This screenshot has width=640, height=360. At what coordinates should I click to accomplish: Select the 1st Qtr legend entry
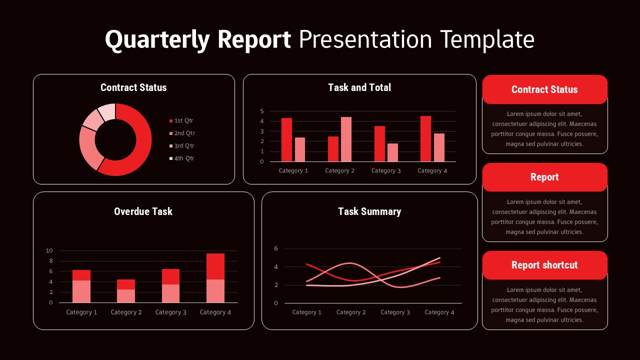[183, 120]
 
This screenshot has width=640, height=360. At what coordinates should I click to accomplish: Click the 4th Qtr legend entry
[183, 158]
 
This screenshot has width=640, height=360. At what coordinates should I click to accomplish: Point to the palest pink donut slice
[107, 111]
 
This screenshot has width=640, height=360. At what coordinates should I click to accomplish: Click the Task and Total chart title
[359, 87]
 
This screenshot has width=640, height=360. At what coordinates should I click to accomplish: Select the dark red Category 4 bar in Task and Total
[425, 138]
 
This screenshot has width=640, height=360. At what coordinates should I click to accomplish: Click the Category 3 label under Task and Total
[385, 171]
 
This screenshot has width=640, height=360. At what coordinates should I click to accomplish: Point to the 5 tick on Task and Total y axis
[261, 111]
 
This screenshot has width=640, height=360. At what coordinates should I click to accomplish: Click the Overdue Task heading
[143, 211]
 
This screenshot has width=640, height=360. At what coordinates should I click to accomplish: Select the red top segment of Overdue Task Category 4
[215, 266]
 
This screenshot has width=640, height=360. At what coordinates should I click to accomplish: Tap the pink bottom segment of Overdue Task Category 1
[81, 291]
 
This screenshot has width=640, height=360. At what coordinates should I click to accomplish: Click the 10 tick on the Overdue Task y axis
[49, 250]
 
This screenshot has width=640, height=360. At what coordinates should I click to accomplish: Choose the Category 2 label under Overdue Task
[126, 312]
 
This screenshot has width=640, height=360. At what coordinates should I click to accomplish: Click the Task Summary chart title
[369, 211]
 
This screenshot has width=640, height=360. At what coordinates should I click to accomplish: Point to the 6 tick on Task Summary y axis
[276, 248]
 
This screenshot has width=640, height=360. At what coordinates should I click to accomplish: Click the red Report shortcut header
[544, 265]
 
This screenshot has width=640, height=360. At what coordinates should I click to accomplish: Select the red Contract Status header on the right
[544, 89]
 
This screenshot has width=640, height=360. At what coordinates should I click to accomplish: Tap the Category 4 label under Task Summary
[439, 312]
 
